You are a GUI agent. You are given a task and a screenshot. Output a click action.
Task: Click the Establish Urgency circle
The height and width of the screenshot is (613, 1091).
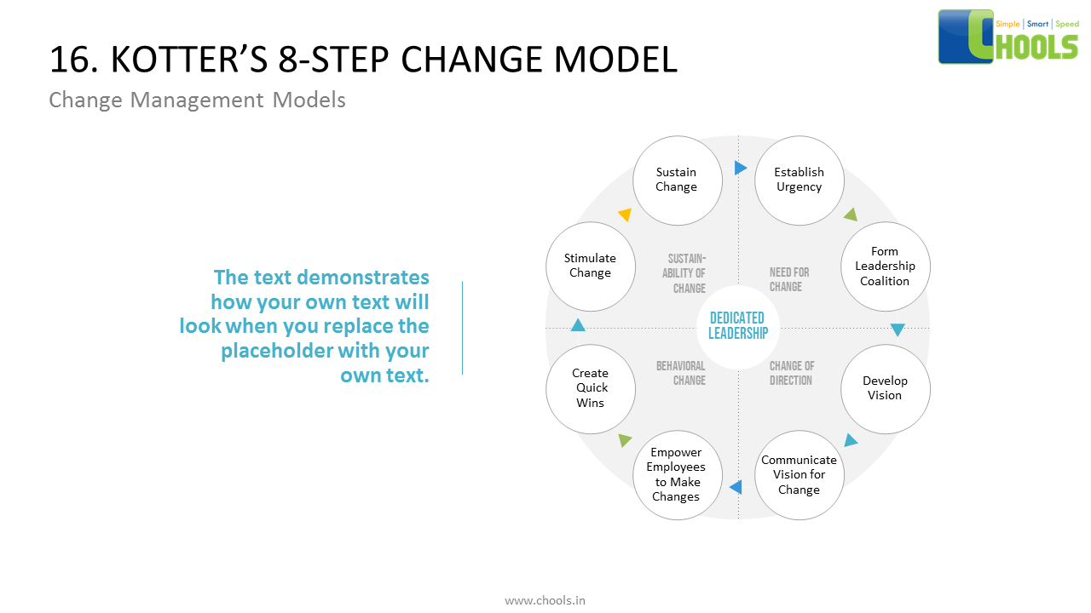pyautogui.click(x=799, y=180)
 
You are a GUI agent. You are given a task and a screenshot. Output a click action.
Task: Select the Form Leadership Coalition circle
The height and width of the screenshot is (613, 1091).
pyautogui.click(x=885, y=266)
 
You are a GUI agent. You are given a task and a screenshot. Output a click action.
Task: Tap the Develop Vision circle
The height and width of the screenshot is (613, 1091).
pyautogui.click(x=885, y=388)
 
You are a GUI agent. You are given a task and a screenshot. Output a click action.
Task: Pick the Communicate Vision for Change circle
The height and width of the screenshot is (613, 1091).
pyautogui.click(x=799, y=475)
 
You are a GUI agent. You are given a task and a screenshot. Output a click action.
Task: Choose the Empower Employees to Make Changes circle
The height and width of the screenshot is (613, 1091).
pyautogui.click(x=677, y=475)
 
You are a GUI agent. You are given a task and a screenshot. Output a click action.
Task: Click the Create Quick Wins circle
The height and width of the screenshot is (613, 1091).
pyautogui.click(x=590, y=388)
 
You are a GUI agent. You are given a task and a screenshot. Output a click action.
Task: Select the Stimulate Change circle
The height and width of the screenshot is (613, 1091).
pyautogui.click(x=590, y=266)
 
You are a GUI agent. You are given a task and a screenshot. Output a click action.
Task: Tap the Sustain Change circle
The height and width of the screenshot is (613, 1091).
pyautogui.click(x=677, y=180)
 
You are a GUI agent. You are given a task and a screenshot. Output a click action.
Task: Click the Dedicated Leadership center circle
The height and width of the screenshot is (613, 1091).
pyautogui.click(x=737, y=326)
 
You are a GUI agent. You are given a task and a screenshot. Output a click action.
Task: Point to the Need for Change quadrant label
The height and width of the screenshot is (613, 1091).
pyautogui.click(x=788, y=280)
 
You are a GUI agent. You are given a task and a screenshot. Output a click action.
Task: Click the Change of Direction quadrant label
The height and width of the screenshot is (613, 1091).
pyautogui.click(x=791, y=373)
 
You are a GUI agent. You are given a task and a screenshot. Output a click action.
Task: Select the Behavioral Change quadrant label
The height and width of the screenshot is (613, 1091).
pyautogui.click(x=681, y=373)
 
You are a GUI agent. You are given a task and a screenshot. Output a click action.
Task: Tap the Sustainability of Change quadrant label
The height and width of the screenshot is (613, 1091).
pyautogui.click(x=684, y=273)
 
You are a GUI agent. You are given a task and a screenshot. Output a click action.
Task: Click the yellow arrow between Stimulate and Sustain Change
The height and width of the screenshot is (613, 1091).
pyautogui.click(x=625, y=215)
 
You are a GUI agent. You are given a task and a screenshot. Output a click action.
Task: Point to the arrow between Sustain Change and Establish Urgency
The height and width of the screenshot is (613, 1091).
pyautogui.click(x=740, y=168)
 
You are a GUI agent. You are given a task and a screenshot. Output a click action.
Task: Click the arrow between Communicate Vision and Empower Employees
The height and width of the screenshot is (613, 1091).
pyautogui.click(x=735, y=488)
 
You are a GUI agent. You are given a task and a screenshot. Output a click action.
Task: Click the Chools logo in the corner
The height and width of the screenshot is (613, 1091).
pyautogui.click(x=1008, y=37)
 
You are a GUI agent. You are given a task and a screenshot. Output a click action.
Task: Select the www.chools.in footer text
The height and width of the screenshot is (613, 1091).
pyautogui.click(x=545, y=600)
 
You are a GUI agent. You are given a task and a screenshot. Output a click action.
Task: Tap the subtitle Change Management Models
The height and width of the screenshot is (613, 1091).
pyautogui.click(x=197, y=100)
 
